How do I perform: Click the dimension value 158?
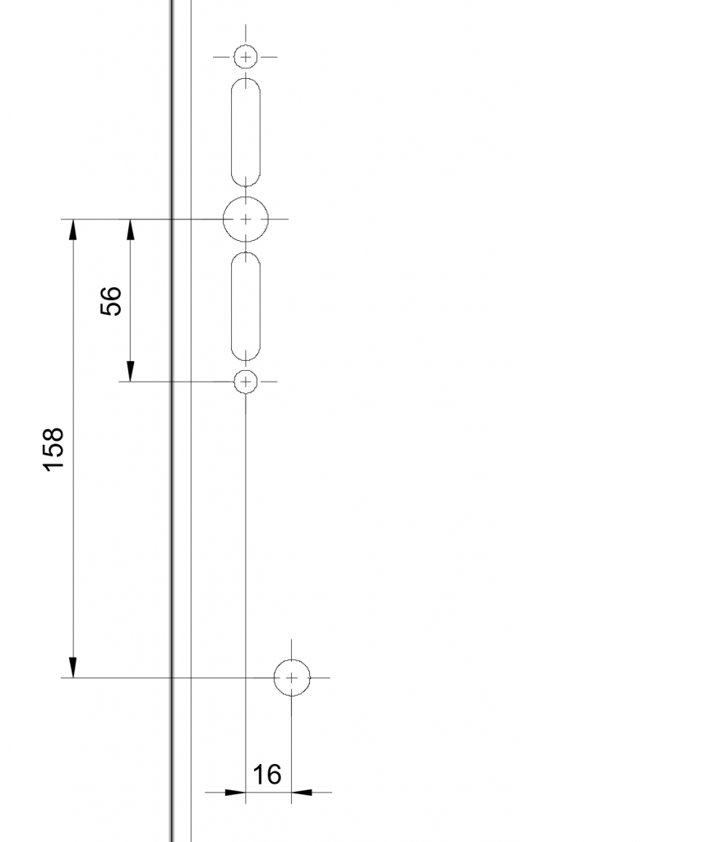(x=53, y=450)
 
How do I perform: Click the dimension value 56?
(x=111, y=301)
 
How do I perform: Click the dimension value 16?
(x=267, y=774)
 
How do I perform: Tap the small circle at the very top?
(x=246, y=57)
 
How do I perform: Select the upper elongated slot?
(x=246, y=132)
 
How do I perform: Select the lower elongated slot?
(x=246, y=307)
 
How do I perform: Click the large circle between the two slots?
(x=246, y=220)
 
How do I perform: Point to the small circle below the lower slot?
(x=246, y=382)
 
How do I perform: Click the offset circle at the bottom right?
(x=292, y=678)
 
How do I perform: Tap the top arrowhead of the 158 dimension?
(x=73, y=229)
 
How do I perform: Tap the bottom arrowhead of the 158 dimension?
(x=73, y=668)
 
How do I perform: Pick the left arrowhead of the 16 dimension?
(x=235, y=793)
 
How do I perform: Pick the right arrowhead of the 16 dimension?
(x=303, y=793)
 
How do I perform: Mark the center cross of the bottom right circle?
(x=292, y=678)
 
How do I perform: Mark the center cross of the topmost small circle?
(x=246, y=57)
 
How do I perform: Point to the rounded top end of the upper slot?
(x=246, y=84)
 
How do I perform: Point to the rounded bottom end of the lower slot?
(x=246, y=355)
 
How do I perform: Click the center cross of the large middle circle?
(x=246, y=220)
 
